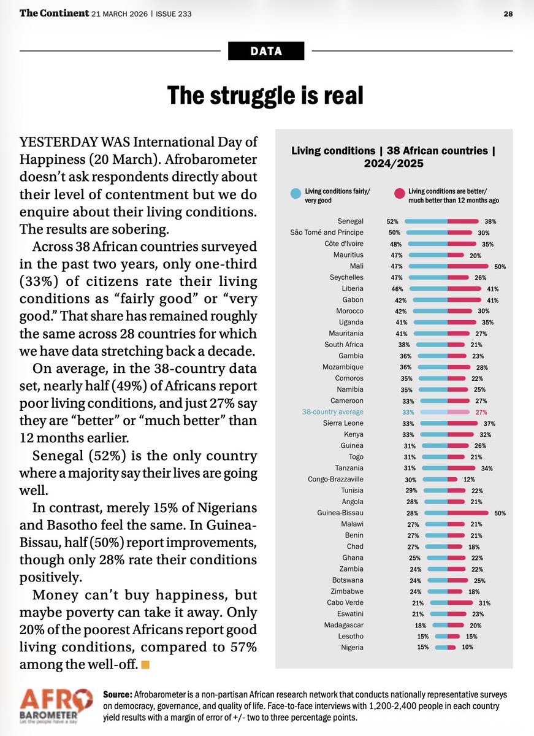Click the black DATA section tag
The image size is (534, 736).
point(266,52)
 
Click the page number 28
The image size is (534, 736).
point(508,13)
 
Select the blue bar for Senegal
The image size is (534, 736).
point(425,221)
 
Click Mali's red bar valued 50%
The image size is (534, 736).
point(468,266)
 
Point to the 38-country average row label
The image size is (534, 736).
point(334,412)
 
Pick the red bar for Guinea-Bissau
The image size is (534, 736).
point(468,513)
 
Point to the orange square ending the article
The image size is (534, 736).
point(145,664)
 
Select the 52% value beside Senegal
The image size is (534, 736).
point(392,221)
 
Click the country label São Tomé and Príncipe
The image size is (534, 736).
point(327,232)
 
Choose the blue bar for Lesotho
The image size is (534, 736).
point(441,636)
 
